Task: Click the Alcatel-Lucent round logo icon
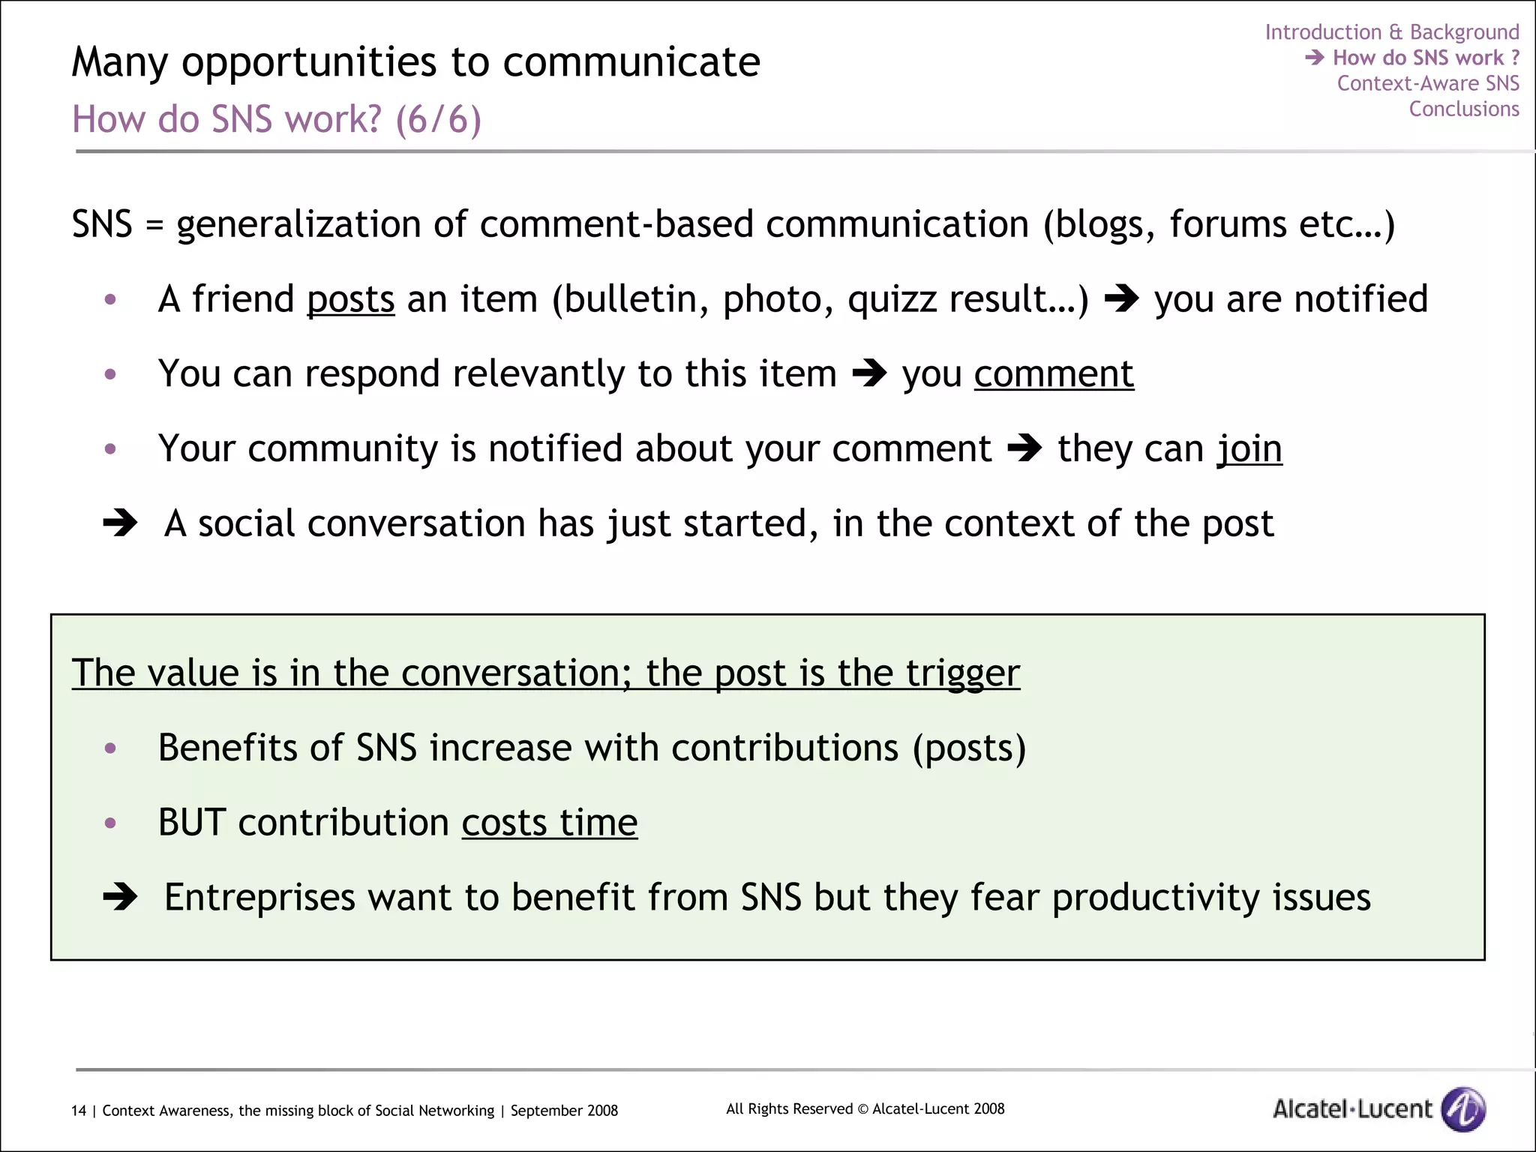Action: [1463, 1108]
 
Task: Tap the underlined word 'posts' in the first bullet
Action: [350, 300]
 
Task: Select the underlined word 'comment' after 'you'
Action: [1054, 374]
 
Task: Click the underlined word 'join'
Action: [1249, 449]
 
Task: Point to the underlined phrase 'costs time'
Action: [549, 823]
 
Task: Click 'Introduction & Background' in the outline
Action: [1391, 32]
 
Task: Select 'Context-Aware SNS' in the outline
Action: [1427, 83]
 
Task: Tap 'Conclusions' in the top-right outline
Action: [1463, 109]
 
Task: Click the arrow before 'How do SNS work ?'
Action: [1314, 58]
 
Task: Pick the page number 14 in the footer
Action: [79, 1111]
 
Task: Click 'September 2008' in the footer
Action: [564, 1111]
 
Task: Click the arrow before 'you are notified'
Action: [1121, 299]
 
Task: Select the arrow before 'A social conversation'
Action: [120, 523]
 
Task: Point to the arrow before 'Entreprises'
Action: [120, 896]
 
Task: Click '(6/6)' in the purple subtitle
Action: [438, 119]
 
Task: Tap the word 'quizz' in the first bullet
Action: [892, 300]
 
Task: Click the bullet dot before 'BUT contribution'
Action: [110, 823]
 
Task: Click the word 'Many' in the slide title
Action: [120, 62]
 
